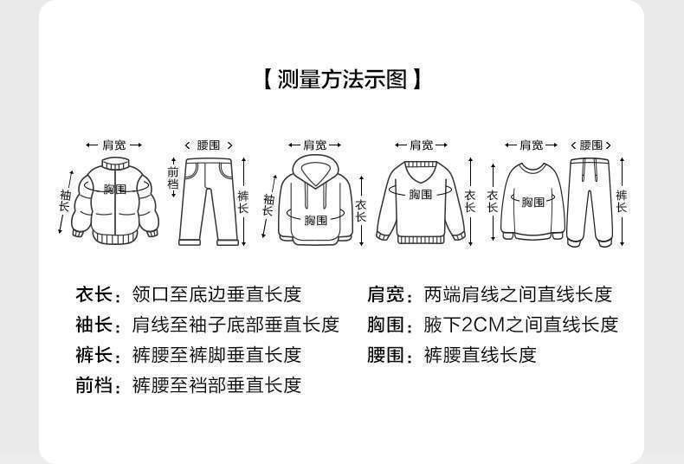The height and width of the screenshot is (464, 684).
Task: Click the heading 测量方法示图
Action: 342,81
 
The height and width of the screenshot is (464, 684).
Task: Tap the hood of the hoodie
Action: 314,169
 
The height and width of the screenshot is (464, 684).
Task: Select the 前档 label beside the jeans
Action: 172,178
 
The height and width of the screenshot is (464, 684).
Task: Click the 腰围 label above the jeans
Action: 208,145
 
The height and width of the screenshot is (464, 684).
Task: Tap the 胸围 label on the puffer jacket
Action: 115,189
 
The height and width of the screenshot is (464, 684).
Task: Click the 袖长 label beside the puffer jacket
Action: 64,201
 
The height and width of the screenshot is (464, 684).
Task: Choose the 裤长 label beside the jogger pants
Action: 622,201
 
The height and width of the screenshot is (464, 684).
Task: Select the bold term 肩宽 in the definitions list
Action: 385,294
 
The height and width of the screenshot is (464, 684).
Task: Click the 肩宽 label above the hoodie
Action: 314,145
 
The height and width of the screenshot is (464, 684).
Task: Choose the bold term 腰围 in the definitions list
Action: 385,355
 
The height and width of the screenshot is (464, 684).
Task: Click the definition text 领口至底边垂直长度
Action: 216,294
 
